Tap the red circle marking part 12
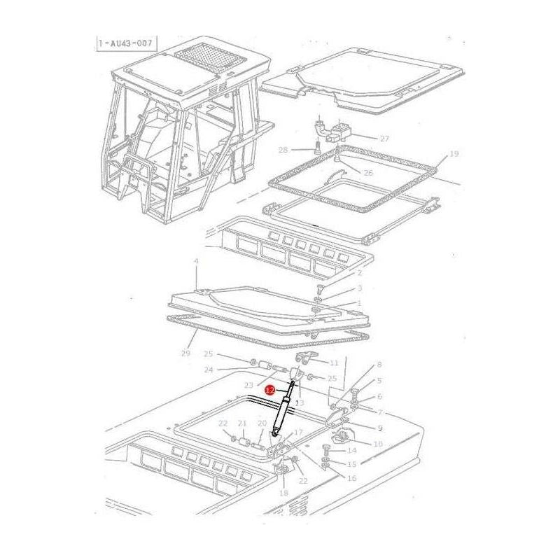(x=269, y=388)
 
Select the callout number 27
(x=384, y=139)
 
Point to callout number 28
(x=283, y=150)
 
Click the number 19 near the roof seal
(x=454, y=153)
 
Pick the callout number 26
(x=368, y=173)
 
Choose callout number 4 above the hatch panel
(x=196, y=261)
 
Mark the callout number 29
(x=185, y=353)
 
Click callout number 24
(x=209, y=370)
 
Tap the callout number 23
(x=248, y=386)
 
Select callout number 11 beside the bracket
(x=334, y=363)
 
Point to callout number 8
(x=379, y=365)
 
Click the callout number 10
(x=378, y=444)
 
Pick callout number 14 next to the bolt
(x=352, y=450)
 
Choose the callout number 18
(x=283, y=493)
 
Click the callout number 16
(x=351, y=477)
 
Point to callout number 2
(x=359, y=272)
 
